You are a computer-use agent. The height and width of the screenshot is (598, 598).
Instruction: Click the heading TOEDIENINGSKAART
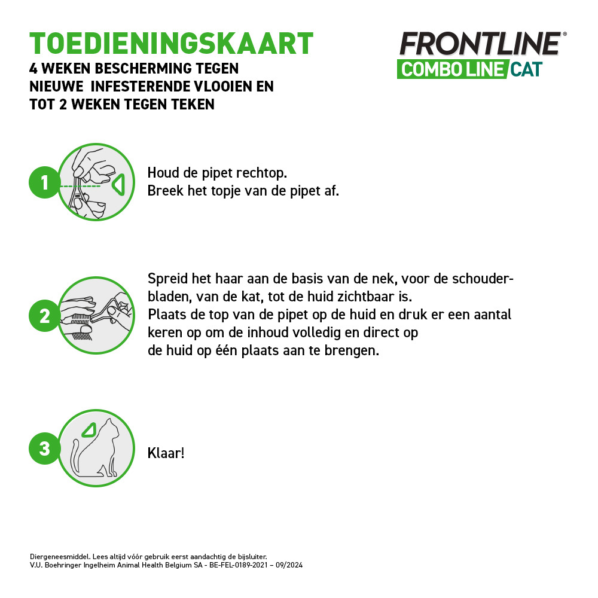[x=172, y=43]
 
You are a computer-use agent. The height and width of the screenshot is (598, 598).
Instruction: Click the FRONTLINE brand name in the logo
[x=480, y=45]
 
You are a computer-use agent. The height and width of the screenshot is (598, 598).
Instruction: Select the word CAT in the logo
[x=526, y=69]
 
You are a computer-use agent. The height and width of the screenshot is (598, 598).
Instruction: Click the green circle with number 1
[x=44, y=182]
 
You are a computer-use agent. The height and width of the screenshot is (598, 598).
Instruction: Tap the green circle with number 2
[x=44, y=316]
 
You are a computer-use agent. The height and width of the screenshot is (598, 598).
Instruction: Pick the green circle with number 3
[x=44, y=448]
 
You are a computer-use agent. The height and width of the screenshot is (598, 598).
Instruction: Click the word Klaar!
[x=166, y=453]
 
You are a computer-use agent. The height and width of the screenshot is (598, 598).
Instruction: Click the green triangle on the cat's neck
[x=90, y=429]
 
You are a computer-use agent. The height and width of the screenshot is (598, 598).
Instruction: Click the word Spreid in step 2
[x=166, y=280]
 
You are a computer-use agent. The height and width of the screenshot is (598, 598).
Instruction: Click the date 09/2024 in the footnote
[x=290, y=565]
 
